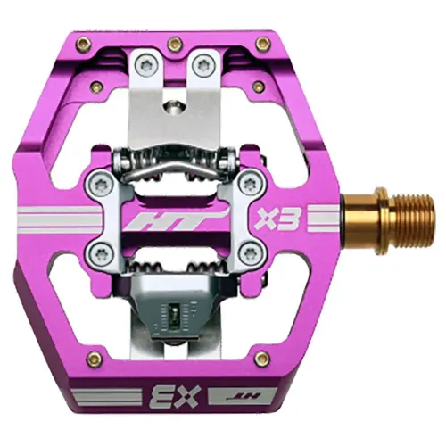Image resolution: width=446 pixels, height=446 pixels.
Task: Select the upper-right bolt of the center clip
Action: pos(247,183)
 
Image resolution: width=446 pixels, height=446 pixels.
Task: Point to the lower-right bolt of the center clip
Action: pos(247,249)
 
